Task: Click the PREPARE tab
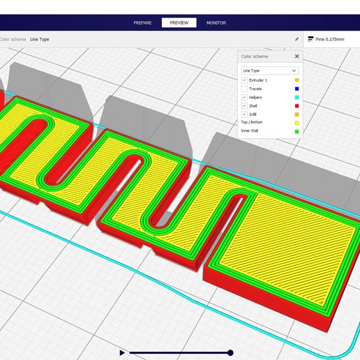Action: [x=142, y=23]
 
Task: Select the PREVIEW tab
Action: [x=179, y=23]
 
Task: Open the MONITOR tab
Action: [x=216, y=23]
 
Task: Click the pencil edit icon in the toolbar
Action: [x=297, y=39]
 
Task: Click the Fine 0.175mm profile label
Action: [x=330, y=39]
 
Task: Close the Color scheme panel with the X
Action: [x=297, y=57]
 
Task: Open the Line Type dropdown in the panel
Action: [x=270, y=70]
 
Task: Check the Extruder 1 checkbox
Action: [x=244, y=80]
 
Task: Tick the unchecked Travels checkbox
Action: [x=244, y=89]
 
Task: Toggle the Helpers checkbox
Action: [x=244, y=97]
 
